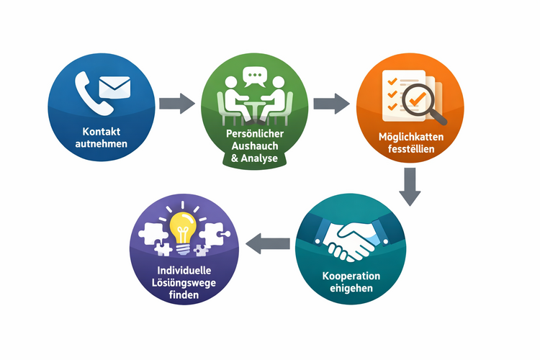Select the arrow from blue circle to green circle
point(176,102)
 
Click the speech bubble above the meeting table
point(254,76)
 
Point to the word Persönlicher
point(255,135)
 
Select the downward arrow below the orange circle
point(410,186)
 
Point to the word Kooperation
point(352,276)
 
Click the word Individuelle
point(183,269)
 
